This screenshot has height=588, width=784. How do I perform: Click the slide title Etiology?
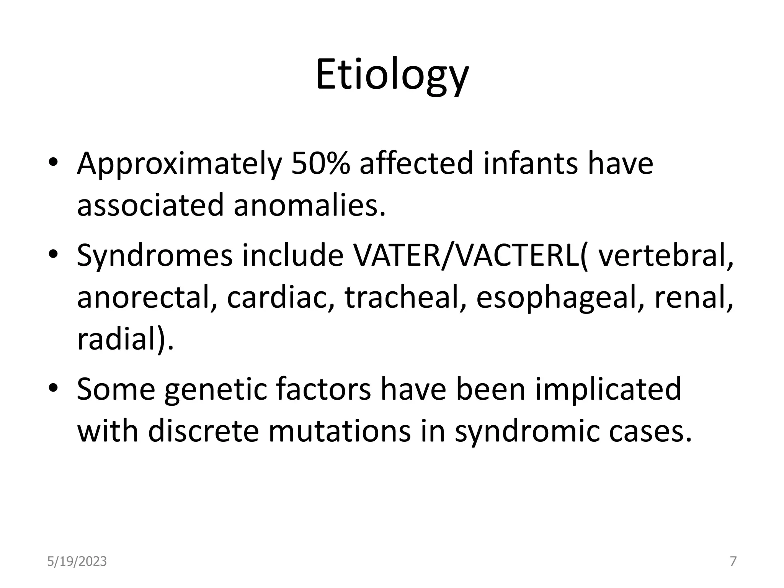click(x=392, y=76)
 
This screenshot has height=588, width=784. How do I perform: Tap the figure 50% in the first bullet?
click(x=320, y=163)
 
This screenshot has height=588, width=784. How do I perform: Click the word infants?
click(x=531, y=163)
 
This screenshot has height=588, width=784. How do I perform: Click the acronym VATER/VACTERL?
click(x=469, y=256)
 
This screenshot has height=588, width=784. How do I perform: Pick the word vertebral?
click(x=664, y=256)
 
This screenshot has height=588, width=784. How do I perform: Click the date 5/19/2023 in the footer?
click(x=77, y=562)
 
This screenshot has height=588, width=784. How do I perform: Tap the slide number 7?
click(x=733, y=562)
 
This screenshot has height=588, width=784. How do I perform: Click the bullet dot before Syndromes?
click(x=53, y=254)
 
